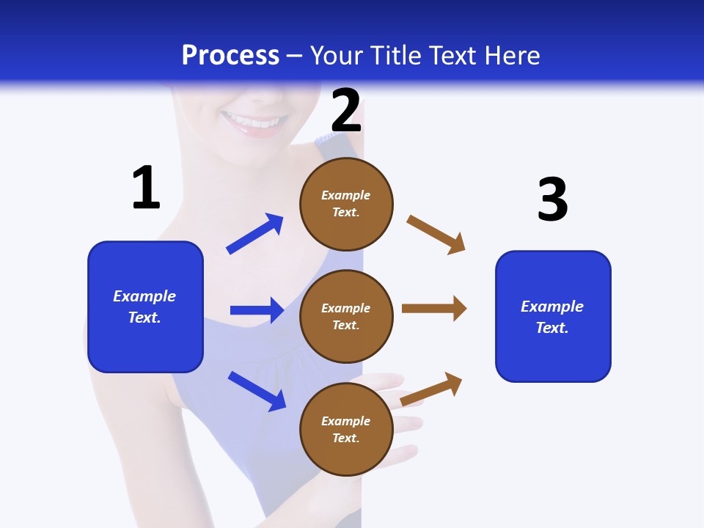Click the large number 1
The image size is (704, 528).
(x=146, y=188)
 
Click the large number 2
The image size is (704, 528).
(x=346, y=111)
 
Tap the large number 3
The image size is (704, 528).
(x=552, y=200)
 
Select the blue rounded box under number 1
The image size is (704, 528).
(x=145, y=307)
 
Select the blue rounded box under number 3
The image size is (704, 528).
(x=553, y=317)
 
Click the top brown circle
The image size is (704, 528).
(x=346, y=204)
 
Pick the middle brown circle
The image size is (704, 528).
(x=346, y=317)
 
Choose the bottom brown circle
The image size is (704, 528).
(x=346, y=430)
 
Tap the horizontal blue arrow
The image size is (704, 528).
(x=257, y=310)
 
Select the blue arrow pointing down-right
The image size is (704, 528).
(x=257, y=390)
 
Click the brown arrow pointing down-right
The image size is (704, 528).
(x=436, y=234)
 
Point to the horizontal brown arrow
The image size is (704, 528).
(x=434, y=308)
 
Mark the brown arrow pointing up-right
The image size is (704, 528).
(x=432, y=389)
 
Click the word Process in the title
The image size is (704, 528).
(x=230, y=55)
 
